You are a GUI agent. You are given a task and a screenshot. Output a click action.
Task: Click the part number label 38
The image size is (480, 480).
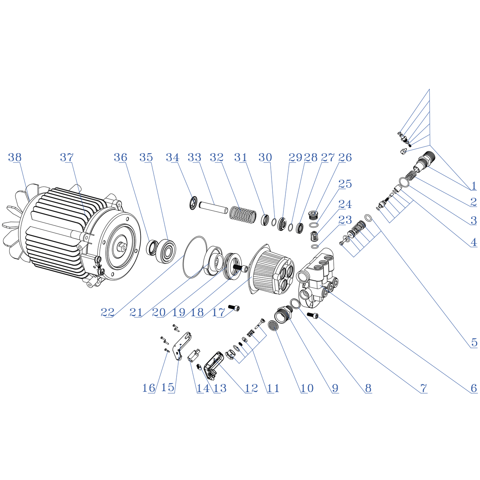(x=15, y=157)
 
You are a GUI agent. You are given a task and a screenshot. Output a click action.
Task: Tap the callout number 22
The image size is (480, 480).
(x=108, y=313)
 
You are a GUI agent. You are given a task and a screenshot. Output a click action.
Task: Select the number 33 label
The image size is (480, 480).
(x=194, y=157)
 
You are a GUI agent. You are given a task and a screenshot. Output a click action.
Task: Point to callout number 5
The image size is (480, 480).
(x=474, y=343)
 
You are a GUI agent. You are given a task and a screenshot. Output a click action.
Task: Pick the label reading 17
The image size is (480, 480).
(x=218, y=313)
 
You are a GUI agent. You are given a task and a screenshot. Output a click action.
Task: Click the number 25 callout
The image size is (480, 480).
(x=345, y=184)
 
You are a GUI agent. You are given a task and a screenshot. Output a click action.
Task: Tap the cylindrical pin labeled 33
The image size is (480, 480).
(x=213, y=207)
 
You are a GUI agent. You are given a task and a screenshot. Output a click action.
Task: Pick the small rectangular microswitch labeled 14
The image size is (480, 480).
(x=194, y=355)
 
